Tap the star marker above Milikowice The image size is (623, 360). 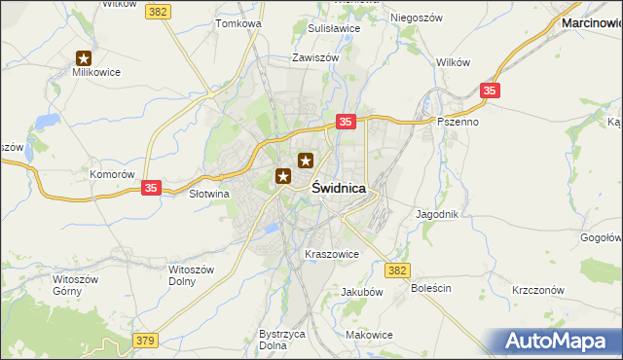pyautogui.click(x=84, y=59)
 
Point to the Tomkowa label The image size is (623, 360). pyautogui.click(x=239, y=22)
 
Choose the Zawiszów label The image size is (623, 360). pyautogui.click(x=315, y=57)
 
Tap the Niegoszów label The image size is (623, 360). pyautogui.click(x=417, y=18)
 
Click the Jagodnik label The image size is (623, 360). pyautogui.click(x=436, y=213)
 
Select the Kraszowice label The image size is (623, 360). pyautogui.click(x=332, y=254)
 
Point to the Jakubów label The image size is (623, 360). pyautogui.click(x=362, y=291)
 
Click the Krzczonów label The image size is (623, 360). pyautogui.click(x=538, y=290)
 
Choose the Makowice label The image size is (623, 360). pyautogui.click(x=369, y=335)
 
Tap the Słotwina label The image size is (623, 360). pyautogui.click(x=207, y=194)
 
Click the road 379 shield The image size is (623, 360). pyautogui.click(x=145, y=340)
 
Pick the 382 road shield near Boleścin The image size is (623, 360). pyautogui.click(x=396, y=270)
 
